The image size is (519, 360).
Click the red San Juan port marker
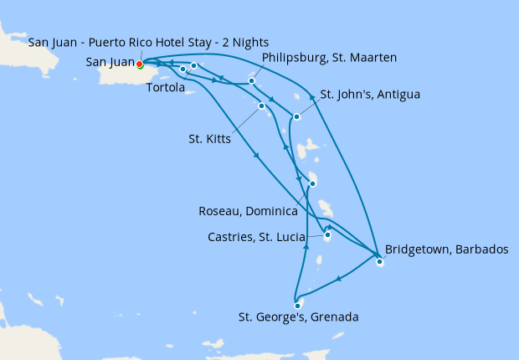[x=140, y=63]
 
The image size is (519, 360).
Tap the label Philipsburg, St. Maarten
[x=329, y=58]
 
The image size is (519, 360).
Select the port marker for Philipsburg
[x=251, y=81]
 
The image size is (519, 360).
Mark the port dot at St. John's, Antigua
[x=296, y=116]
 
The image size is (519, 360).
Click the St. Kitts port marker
[x=262, y=105]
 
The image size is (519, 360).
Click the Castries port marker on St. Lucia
[x=327, y=235]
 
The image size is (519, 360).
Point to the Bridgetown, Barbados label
[x=446, y=249]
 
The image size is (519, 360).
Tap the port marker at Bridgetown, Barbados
[x=379, y=262]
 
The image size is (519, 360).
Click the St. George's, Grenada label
[x=299, y=317]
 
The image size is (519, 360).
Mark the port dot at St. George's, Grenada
[x=297, y=306]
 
